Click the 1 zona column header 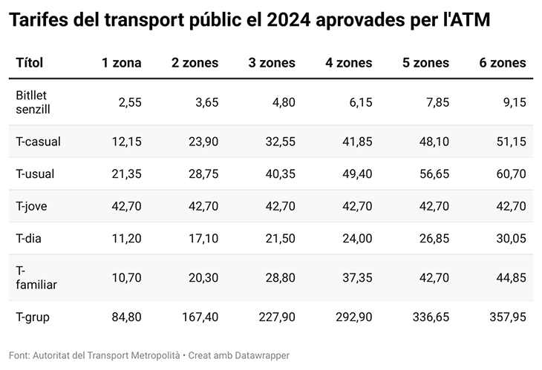point(121,63)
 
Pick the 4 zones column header point(349,63)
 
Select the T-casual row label point(38,141)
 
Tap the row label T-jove point(33,205)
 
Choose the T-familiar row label point(36,277)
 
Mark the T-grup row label point(33,317)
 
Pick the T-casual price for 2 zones point(203,141)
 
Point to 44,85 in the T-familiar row point(512,277)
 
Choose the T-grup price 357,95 point(508,317)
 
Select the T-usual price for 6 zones point(512,174)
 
